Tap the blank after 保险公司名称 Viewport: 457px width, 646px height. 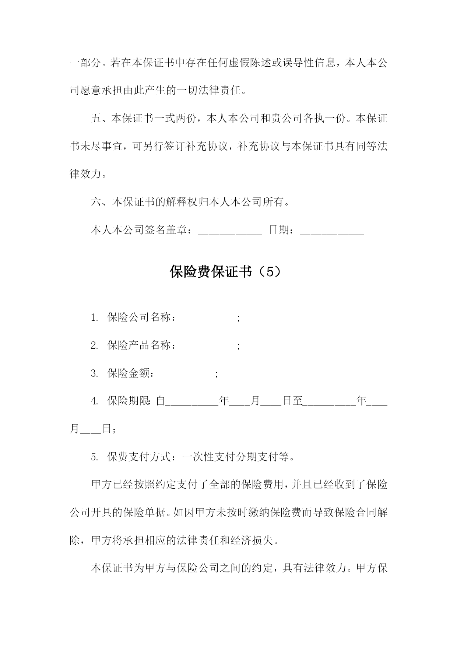(x=208, y=318)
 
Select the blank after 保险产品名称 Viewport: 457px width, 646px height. (x=208, y=346)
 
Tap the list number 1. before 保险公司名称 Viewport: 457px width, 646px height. (x=94, y=318)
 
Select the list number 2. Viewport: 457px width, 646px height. (x=94, y=346)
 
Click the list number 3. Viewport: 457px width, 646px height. (x=94, y=374)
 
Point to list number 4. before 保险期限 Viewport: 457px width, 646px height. (x=94, y=401)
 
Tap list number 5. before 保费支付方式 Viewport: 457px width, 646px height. (x=94, y=457)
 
